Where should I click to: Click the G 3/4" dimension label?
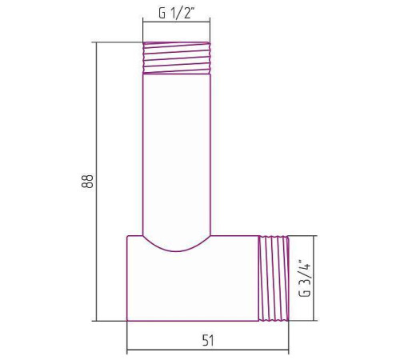(x=305, y=277)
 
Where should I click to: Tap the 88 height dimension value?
(x=86, y=182)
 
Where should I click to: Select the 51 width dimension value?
(x=208, y=340)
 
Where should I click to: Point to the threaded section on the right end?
(x=273, y=278)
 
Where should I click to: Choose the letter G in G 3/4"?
(x=305, y=294)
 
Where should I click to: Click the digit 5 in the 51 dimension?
(x=204, y=340)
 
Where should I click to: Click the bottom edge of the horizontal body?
(x=192, y=321)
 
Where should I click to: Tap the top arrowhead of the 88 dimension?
(x=98, y=46)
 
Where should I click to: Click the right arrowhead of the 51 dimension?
(x=285, y=350)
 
